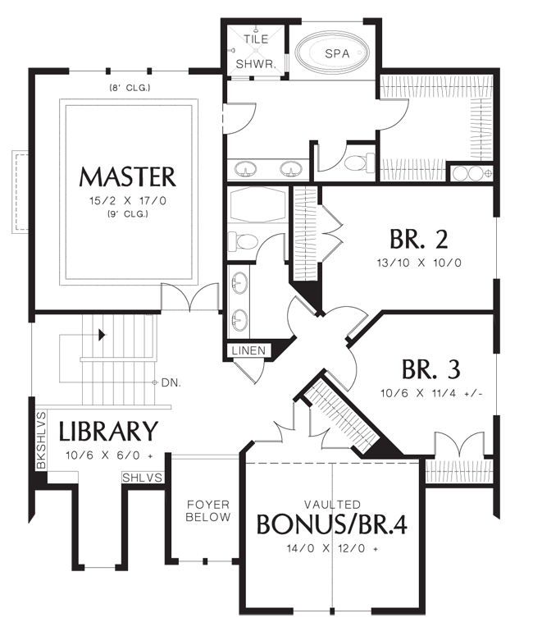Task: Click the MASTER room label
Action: pos(128,176)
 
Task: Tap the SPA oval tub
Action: pos(332,53)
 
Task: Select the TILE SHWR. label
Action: pos(256,52)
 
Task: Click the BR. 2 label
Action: pos(419,239)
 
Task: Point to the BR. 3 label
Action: pos(430,369)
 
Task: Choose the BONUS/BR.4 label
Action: pos(332,524)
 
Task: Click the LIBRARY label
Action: pos(108,431)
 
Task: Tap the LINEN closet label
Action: pos(248,350)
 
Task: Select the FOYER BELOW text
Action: pos(208,510)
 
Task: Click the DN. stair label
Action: pos(171,382)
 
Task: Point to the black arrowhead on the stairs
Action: pos(102,335)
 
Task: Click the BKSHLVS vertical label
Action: pos(41,441)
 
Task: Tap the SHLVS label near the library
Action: pos(142,478)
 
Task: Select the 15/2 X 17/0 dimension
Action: pos(128,201)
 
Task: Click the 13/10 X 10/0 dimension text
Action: pos(419,263)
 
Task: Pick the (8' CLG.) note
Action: pos(130,87)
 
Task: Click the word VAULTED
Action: pos(332,504)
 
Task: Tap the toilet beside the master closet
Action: pos(360,162)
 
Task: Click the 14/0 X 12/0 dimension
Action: pos(332,548)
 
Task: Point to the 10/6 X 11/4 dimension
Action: pos(431,393)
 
